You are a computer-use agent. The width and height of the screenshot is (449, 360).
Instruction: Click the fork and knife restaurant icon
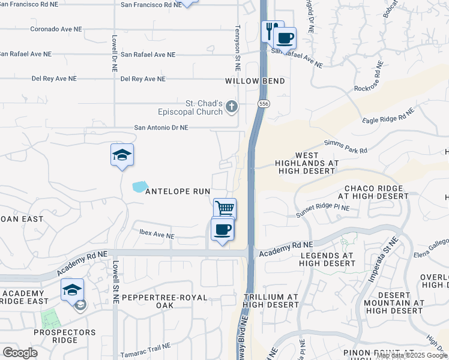tap(271, 30)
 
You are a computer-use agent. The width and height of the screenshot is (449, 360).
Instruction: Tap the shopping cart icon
tap(225, 209)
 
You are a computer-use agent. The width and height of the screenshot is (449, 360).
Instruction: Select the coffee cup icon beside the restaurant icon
tap(286, 38)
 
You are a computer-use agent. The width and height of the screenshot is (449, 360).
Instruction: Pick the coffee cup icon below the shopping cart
tap(222, 230)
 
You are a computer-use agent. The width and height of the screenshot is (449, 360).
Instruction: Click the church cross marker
tap(232, 107)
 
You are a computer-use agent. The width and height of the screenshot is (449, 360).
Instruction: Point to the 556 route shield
tap(263, 104)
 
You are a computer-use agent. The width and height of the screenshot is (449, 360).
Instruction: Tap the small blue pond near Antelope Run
tap(139, 187)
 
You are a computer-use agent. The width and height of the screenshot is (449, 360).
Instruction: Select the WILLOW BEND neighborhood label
tap(255, 81)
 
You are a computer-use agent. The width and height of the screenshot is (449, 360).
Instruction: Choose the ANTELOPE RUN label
tap(178, 191)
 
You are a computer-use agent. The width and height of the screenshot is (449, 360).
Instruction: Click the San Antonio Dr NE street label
tap(161, 128)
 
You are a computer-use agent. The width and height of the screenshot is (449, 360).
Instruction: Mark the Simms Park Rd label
tap(345, 146)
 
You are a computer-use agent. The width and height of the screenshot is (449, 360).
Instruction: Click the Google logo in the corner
tap(20, 353)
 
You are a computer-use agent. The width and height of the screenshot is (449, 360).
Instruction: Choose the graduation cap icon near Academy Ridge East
tap(72, 290)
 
